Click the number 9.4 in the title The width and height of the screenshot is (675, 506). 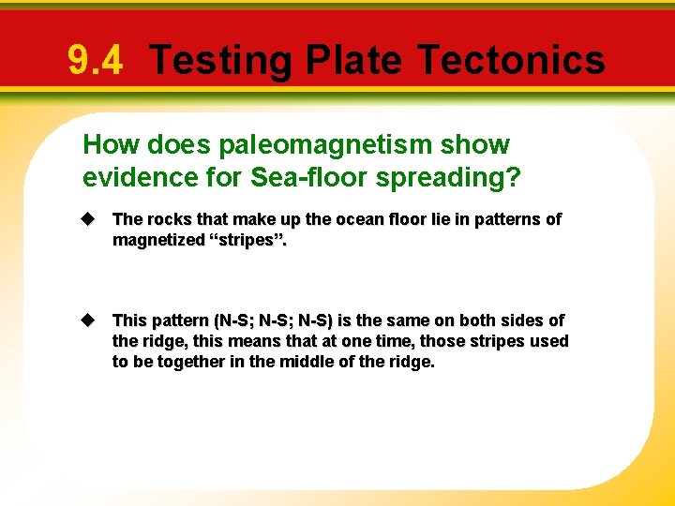[95, 61]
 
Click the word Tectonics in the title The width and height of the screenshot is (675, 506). [512, 61]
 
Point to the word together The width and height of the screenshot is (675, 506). [187, 362]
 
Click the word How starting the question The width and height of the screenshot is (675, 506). [106, 145]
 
